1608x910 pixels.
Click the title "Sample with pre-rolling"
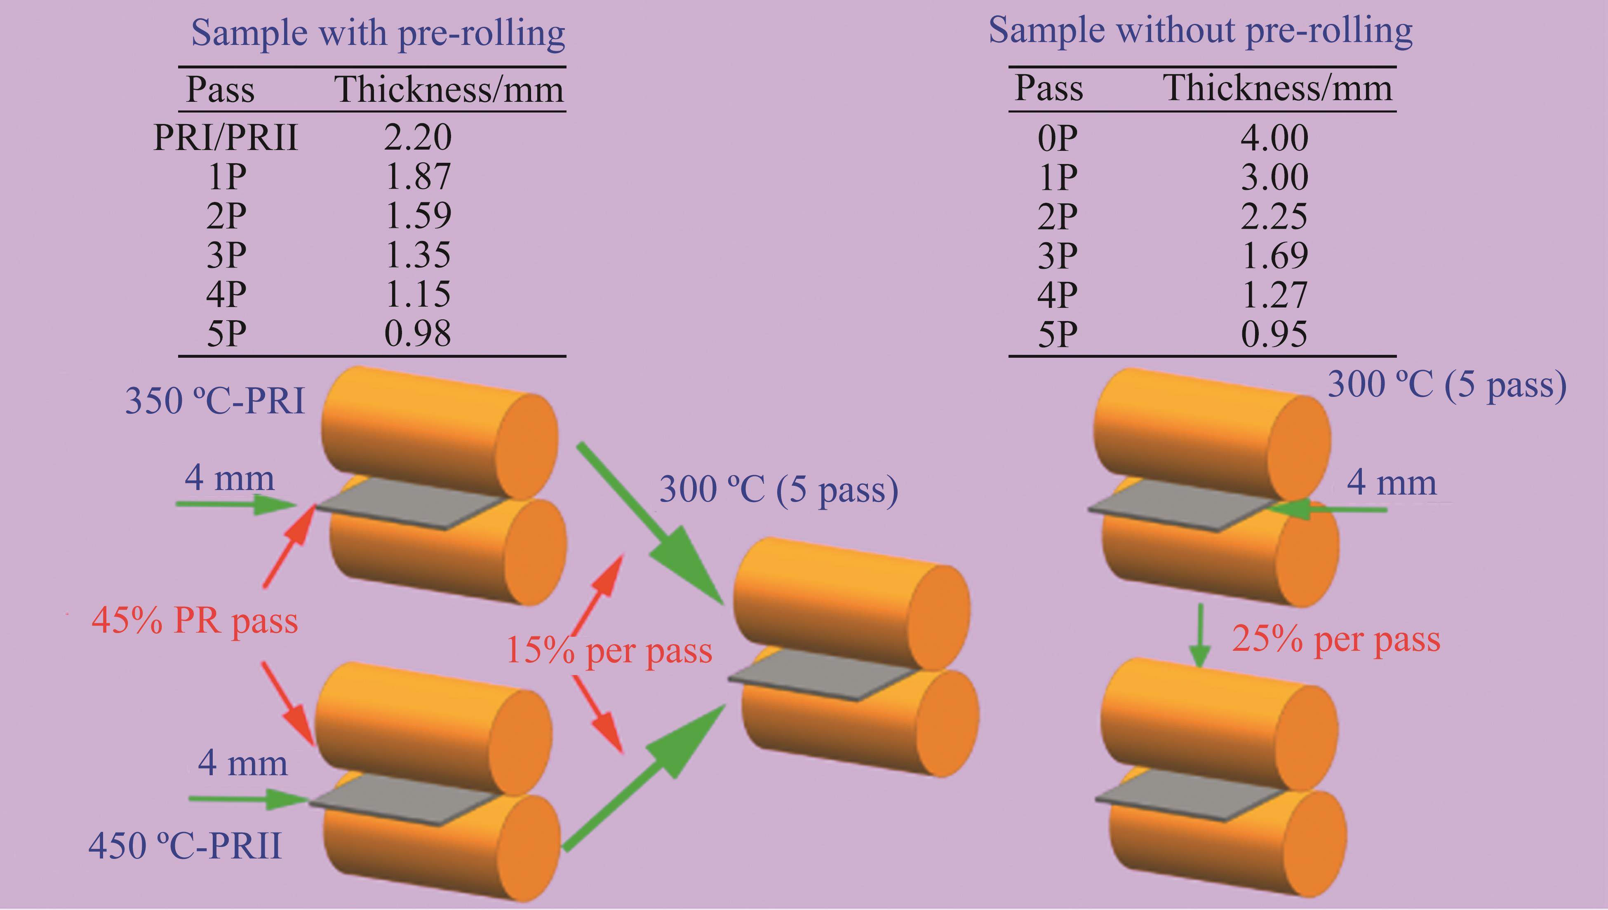point(378,33)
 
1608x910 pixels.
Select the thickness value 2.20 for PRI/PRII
point(418,138)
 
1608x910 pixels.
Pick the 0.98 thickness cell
point(418,333)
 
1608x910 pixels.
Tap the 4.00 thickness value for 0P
point(1274,138)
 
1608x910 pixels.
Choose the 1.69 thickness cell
point(1274,255)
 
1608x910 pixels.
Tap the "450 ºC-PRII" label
point(185,847)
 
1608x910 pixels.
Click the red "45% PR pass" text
point(195,621)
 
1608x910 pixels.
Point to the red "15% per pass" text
point(608,651)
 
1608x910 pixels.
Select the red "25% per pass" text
point(1336,639)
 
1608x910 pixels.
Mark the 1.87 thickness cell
point(418,177)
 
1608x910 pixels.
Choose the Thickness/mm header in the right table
point(1277,88)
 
